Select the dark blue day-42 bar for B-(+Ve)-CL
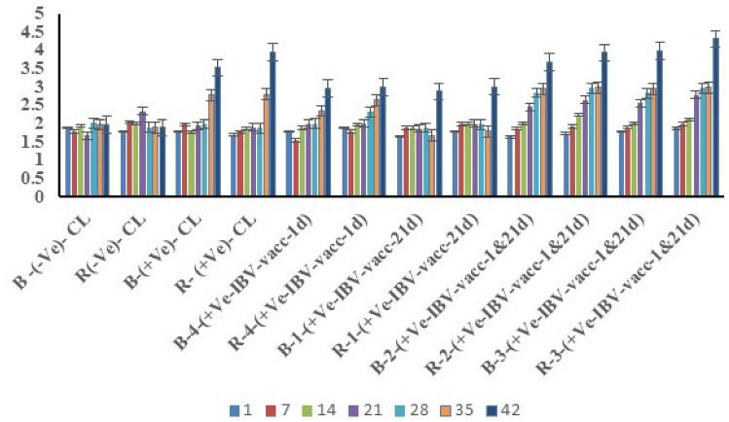217,131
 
